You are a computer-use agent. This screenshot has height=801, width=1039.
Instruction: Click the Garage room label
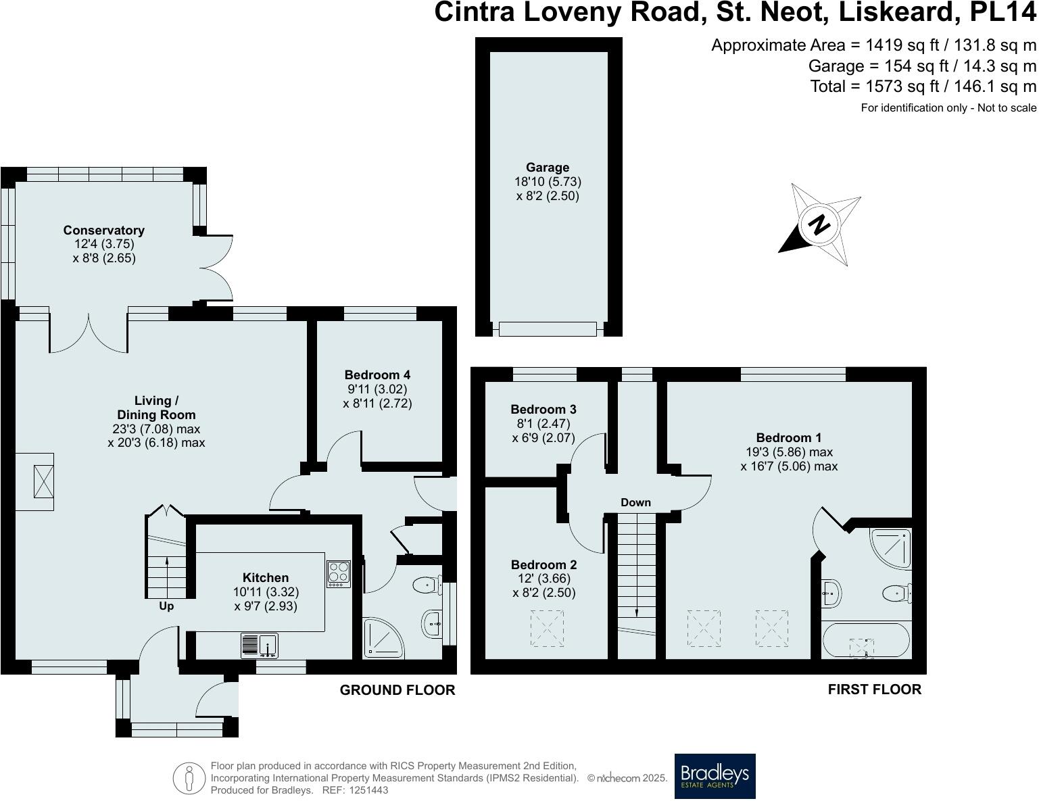[548, 167]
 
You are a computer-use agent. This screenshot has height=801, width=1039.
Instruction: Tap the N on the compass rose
[819, 224]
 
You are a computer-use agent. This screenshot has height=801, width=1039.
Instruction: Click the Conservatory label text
[103, 230]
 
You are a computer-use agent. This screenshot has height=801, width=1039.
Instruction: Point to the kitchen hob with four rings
[339, 574]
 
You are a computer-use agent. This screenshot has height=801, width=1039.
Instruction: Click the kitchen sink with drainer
[260, 646]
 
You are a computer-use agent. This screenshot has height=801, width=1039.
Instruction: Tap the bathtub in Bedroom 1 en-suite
[866, 640]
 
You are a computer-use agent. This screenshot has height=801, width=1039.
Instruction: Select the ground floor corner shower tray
[383, 639]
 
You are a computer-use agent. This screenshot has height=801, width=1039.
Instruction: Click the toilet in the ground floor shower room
[427, 585]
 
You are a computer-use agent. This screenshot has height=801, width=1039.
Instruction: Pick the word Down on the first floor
[635, 502]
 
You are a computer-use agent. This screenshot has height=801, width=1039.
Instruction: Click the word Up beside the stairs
[166, 606]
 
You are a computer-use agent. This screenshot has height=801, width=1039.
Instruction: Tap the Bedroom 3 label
[543, 409]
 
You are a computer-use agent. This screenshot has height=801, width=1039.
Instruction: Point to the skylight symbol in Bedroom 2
[547, 628]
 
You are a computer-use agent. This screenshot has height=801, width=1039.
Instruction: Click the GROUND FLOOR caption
[397, 690]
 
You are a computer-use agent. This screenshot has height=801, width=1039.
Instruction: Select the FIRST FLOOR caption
[875, 689]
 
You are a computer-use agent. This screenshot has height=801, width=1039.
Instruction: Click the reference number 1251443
[368, 790]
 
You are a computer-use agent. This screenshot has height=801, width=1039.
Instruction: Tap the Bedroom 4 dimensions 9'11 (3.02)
[377, 389]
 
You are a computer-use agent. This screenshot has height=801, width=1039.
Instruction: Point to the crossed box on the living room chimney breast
[43, 481]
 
